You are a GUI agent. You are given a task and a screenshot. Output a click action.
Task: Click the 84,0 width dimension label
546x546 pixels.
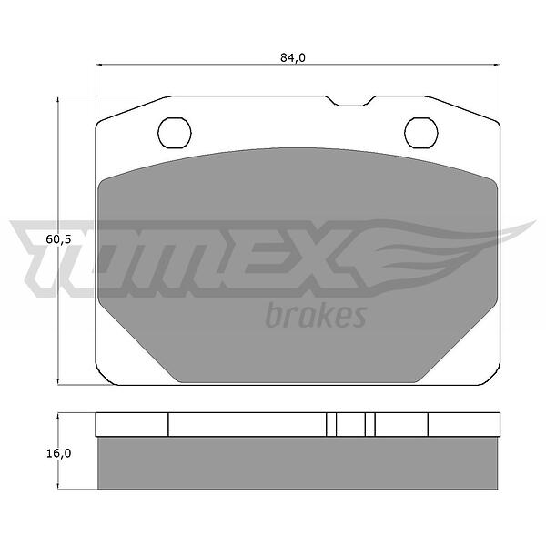[293, 58]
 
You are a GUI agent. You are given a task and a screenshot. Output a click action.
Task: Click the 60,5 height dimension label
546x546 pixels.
[58, 239]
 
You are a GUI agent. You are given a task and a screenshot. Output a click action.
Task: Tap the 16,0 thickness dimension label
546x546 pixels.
[58, 453]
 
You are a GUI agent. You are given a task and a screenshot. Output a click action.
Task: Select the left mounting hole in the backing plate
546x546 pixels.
[175, 133]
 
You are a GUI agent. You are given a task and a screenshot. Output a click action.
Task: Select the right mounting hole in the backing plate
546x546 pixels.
[421, 133]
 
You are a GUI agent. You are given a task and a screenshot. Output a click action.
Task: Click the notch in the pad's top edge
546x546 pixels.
[350, 101]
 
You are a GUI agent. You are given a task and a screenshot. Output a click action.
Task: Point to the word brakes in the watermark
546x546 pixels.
[316, 316]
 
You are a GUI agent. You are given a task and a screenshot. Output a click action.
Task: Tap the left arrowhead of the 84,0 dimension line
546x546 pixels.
[98, 65]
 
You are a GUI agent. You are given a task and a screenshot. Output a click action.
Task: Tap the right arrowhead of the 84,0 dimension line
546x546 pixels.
[497, 65]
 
